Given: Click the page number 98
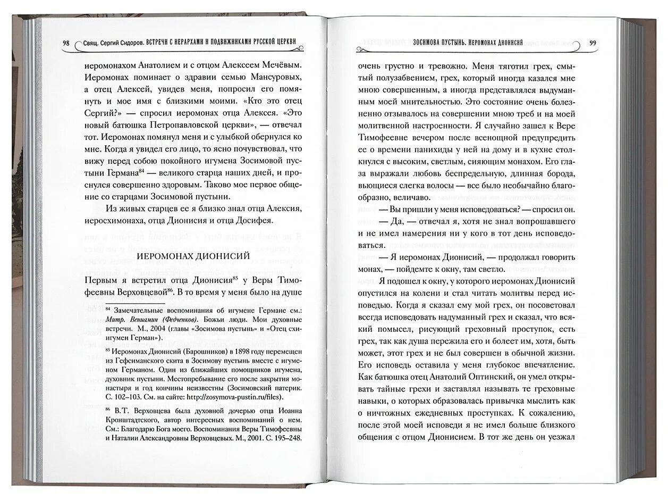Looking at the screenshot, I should tap(65, 43).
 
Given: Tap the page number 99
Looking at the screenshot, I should tap(593, 43).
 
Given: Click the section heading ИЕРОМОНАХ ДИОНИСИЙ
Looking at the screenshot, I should tap(193, 256).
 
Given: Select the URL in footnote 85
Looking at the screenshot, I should tap(242, 397).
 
